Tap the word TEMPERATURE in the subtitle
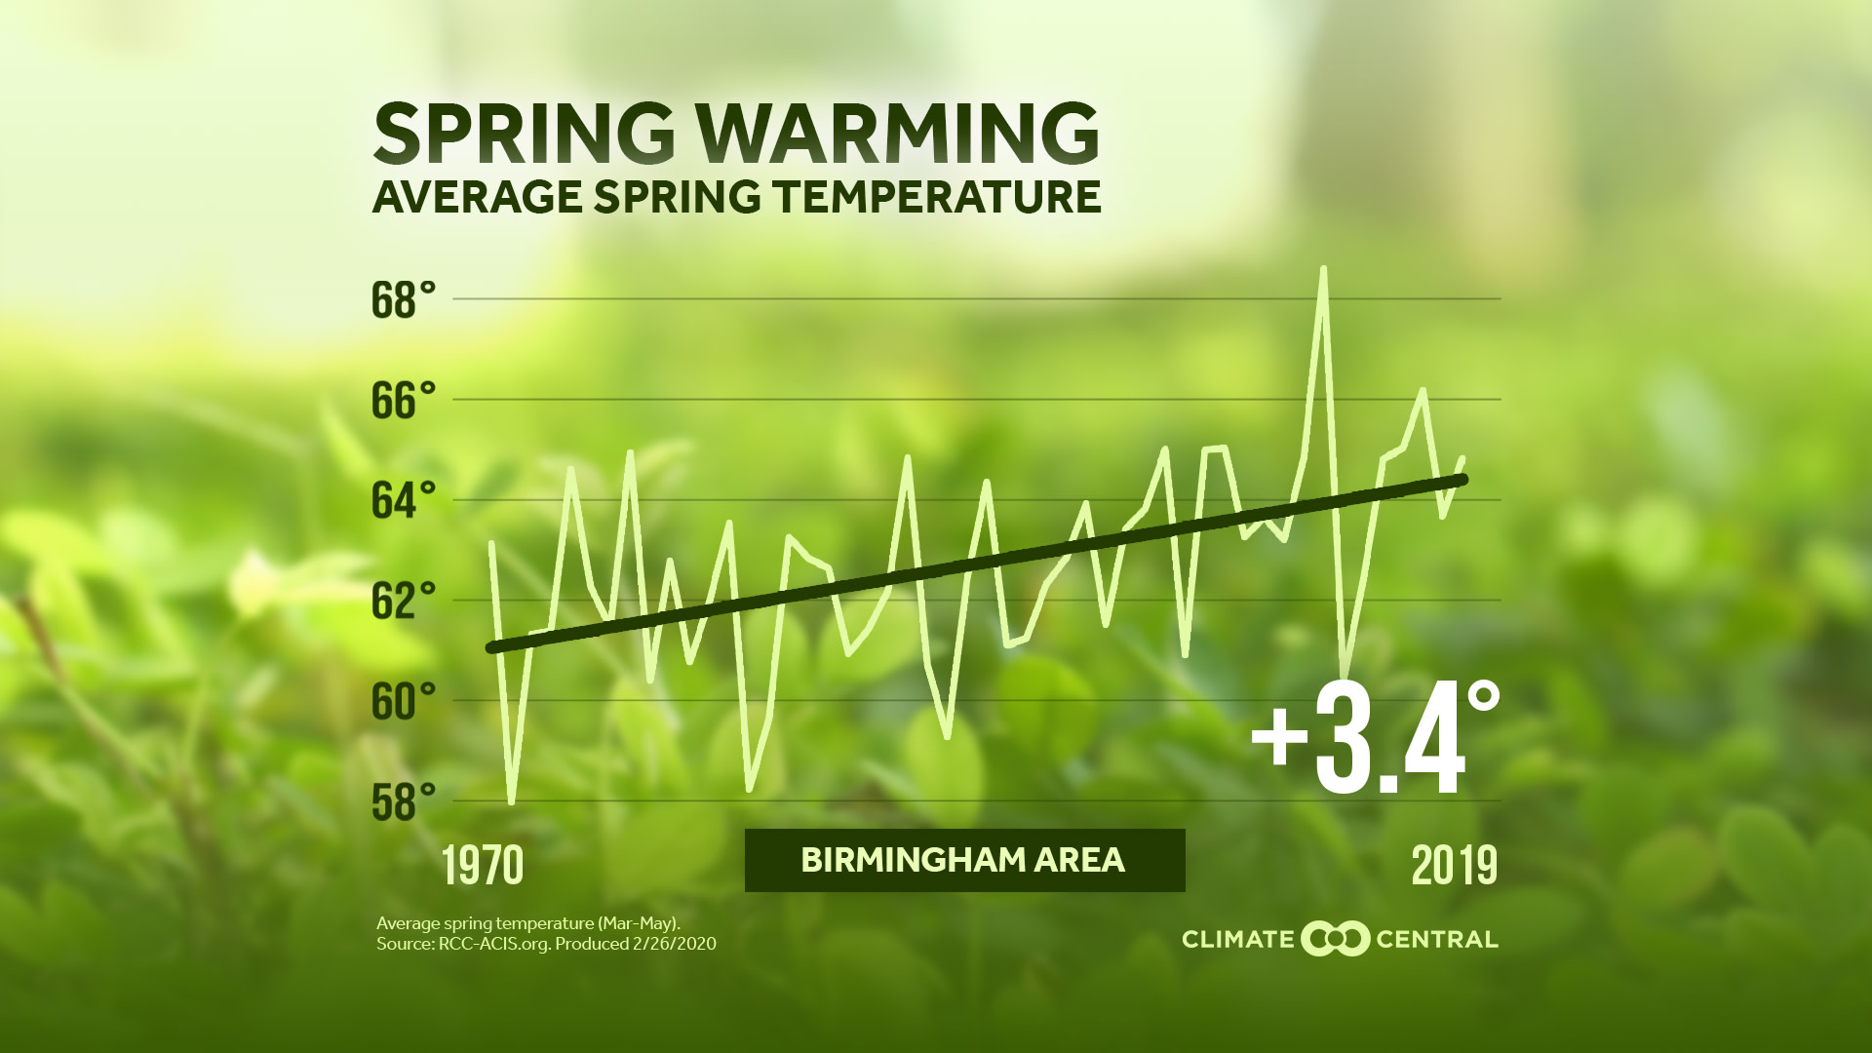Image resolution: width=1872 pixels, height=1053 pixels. point(938,197)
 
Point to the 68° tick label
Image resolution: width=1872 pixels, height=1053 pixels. point(403,300)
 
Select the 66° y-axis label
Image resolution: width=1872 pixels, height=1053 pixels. point(403,401)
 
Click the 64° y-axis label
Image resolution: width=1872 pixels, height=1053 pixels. point(403,501)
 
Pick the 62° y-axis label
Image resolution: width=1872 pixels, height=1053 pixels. point(403,602)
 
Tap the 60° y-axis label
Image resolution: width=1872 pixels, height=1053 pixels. point(403,702)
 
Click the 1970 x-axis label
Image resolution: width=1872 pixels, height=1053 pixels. point(483,865)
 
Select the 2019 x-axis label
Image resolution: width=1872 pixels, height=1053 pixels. point(1454,865)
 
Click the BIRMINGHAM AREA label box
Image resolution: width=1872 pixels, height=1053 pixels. point(964,860)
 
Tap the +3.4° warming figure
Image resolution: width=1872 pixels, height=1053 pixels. point(1374,739)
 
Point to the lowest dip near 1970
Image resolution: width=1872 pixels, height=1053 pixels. point(512,802)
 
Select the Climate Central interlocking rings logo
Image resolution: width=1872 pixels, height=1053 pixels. point(1335,939)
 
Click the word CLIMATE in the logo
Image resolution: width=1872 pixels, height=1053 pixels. point(1237,940)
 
